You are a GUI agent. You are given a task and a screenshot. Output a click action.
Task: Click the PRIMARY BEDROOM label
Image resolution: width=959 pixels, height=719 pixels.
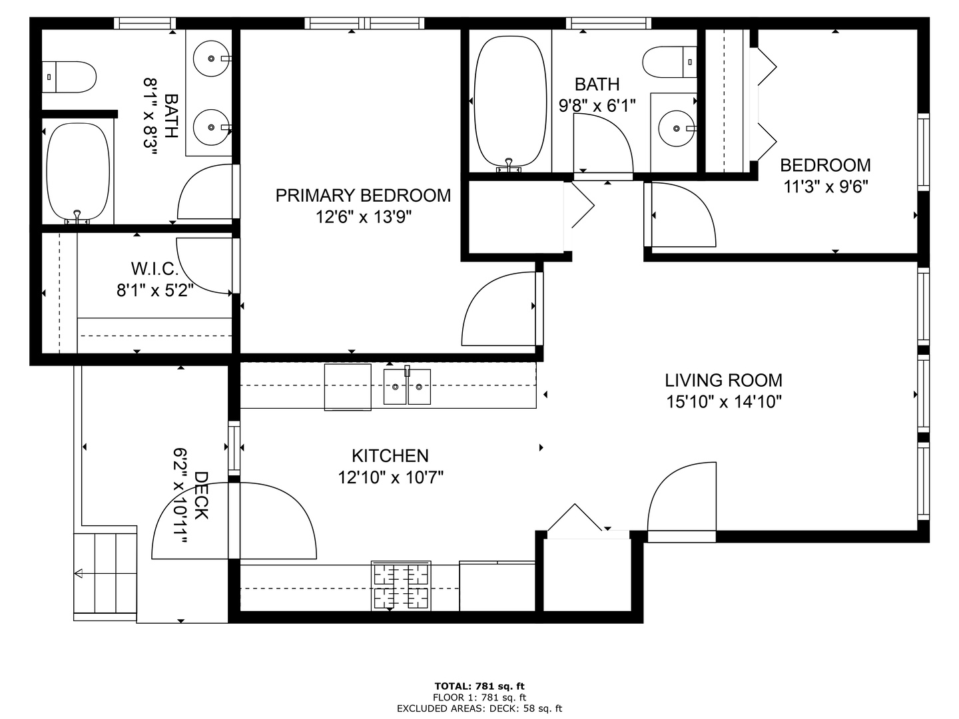coord(363,195)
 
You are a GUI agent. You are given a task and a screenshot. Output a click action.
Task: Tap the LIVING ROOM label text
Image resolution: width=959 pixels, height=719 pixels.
coord(723,380)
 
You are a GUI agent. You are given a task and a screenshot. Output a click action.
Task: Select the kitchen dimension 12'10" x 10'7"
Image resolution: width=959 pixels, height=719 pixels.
coord(390,477)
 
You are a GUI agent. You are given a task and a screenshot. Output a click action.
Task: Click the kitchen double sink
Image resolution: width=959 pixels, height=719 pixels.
coord(407,387)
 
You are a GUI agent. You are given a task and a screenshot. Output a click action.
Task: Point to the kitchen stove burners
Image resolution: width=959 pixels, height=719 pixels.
coord(400,586)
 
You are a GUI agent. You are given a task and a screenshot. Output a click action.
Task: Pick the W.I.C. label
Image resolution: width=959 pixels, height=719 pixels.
coord(155,269)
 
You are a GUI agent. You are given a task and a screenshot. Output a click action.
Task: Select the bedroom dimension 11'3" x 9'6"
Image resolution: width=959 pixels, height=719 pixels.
coord(826,186)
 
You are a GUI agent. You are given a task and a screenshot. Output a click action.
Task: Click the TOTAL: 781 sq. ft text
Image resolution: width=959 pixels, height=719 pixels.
coord(479,686)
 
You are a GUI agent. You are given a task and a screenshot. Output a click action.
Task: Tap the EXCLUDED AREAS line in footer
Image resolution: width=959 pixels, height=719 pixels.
coord(479,708)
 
